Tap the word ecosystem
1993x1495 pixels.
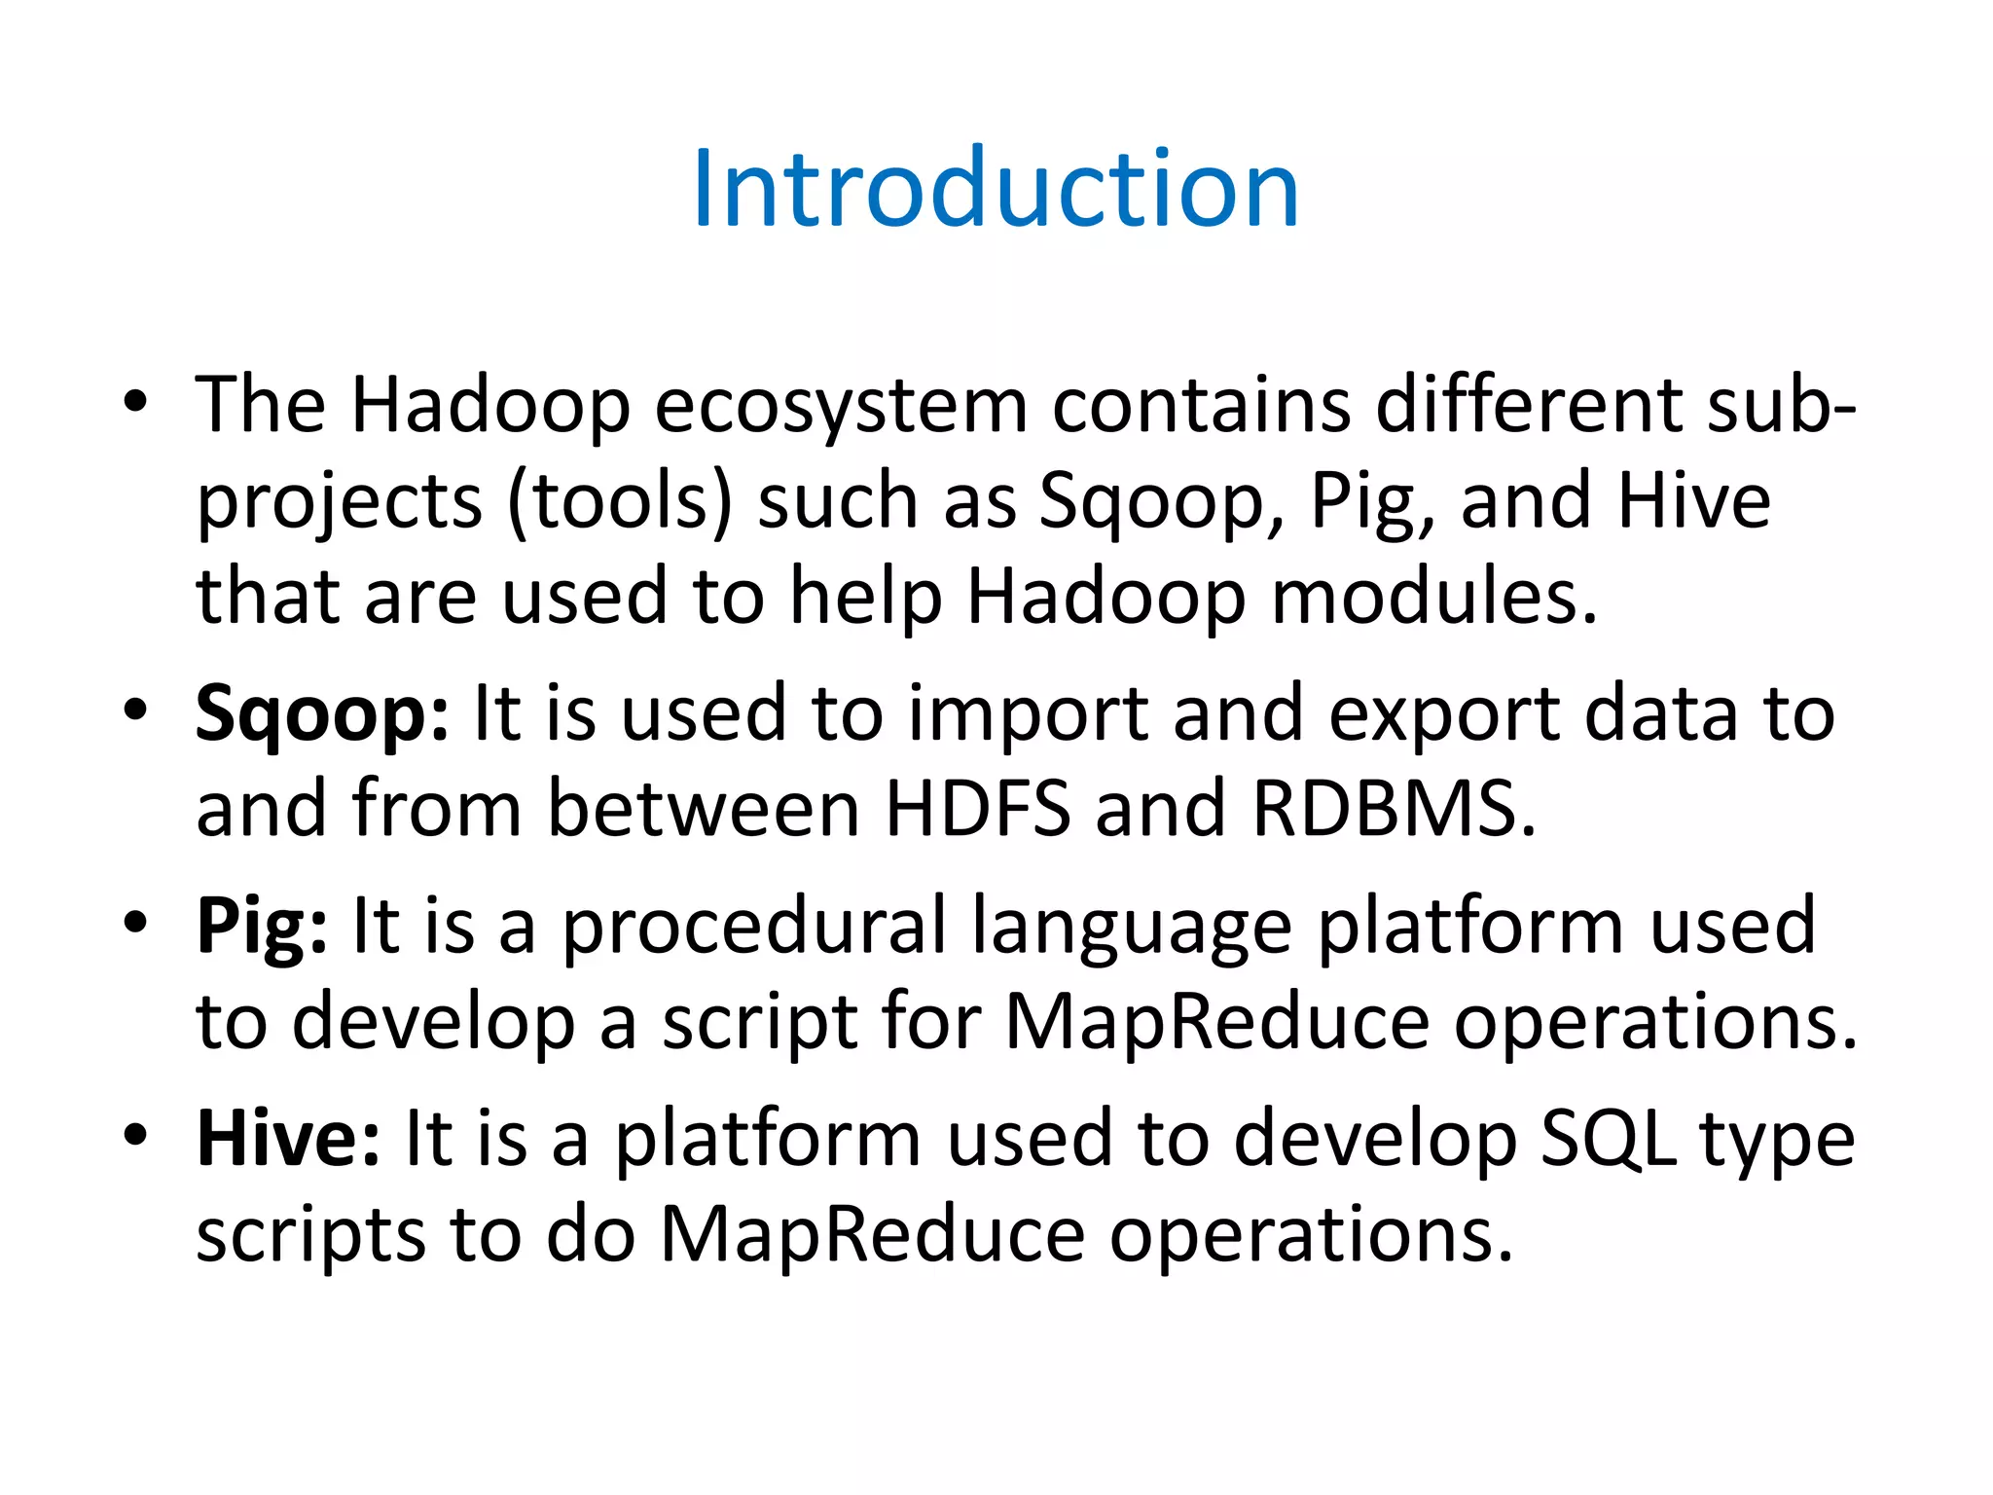pos(841,406)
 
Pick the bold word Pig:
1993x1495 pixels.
pos(262,928)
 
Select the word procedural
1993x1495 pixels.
pos(755,928)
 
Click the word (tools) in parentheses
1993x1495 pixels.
pos(619,502)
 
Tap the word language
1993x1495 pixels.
pos(1132,928)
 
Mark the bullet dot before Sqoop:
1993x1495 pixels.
pos(135,710)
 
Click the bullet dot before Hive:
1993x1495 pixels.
pos(135,1134)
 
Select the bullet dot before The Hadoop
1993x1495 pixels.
pos(135,400)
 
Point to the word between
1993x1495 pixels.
pos(704,809)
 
